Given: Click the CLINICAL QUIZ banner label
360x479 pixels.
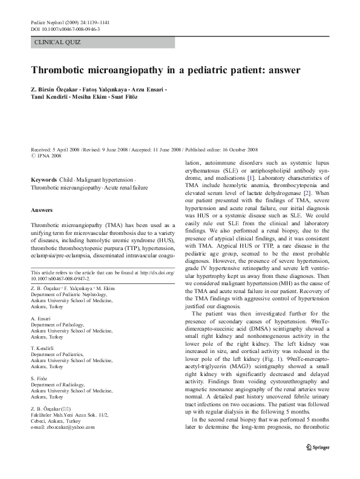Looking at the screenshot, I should (58, 42).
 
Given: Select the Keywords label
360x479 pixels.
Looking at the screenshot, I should (44, 180).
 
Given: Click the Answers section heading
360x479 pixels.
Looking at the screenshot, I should (42, 210).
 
